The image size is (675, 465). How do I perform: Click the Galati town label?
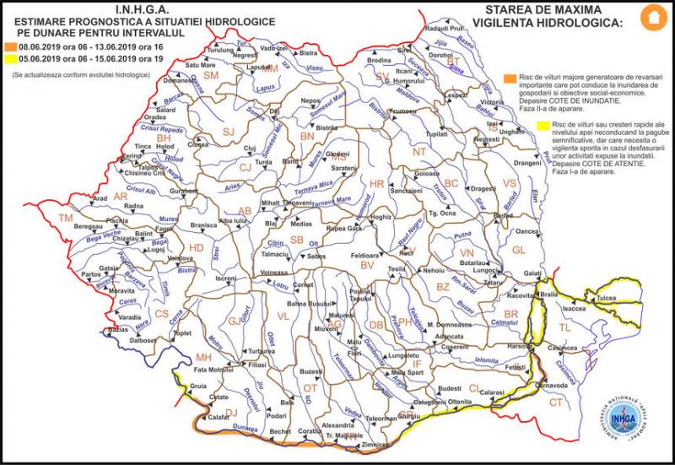point(532,273)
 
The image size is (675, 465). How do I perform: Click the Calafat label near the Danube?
point(219,416)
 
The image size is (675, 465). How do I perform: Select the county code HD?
point(196,248)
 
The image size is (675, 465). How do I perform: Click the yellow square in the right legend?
point(541,127)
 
